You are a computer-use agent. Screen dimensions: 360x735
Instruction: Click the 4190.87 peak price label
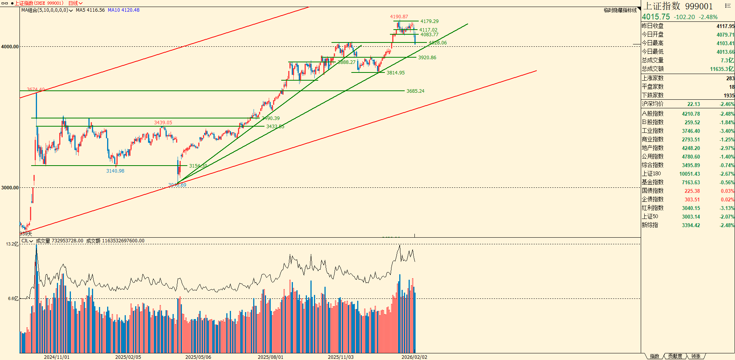(399, 17)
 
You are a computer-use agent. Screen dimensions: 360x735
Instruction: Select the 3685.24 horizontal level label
(415, 91)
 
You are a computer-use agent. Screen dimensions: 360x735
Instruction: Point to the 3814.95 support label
(395, 73)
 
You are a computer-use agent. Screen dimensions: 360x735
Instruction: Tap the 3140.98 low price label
(115, 171)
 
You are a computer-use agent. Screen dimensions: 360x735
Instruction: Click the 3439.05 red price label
(163, 123)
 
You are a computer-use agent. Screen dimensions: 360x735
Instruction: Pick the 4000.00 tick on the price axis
(10, 47)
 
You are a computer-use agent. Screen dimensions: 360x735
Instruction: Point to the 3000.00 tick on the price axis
(10, 188)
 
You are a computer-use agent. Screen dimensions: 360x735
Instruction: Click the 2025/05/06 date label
(198, 357)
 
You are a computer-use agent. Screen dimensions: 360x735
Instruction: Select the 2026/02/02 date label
(414, 357)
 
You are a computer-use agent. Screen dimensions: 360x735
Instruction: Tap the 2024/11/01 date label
(56, 357)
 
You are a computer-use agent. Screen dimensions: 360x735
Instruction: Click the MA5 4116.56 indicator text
(90, 10)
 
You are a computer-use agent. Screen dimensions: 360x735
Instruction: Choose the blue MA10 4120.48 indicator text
(123, 10)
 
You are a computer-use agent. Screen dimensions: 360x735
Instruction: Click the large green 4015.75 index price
(656, 17)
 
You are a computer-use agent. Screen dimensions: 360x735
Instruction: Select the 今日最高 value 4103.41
(725, 43)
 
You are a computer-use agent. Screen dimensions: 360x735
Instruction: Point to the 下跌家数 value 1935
(729, 95)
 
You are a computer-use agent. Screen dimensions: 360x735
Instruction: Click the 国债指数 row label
(652, 191)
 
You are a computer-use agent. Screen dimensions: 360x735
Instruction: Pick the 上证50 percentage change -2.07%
(727, 217)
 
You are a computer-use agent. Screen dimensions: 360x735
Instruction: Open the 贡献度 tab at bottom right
(675, 356)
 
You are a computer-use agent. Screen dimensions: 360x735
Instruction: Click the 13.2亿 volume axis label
(12, 244)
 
